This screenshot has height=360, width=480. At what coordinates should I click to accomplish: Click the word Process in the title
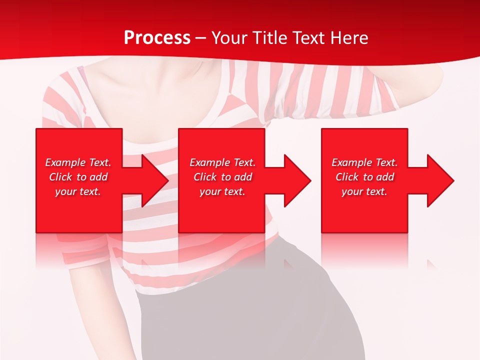(x=157, y=38)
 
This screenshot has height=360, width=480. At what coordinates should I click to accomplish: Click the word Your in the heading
(x=229, y=38)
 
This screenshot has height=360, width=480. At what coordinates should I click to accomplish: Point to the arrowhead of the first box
(x=155, y=180)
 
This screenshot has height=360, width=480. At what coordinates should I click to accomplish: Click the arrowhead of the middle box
(x=297, y=180)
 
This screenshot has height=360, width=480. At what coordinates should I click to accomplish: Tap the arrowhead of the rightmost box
(x=440, y=180)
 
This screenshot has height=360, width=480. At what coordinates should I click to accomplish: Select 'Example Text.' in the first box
(x=78, y=162)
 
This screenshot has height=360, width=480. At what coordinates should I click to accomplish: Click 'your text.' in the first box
(x=78, y=191)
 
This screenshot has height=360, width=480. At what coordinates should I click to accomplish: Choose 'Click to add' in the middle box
(x=222, y=177)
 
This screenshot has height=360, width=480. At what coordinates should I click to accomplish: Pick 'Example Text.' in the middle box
(x=222, y=162)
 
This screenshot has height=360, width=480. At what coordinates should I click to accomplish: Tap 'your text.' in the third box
(x=364, y=191)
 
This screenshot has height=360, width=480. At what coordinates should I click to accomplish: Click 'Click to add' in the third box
(x=364, y=177)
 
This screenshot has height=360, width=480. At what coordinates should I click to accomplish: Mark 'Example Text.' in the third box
(x=364, y=162)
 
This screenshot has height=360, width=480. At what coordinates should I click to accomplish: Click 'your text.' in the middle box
(x=222, y=191)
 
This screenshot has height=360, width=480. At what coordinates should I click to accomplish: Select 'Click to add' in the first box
(x=78, y=177)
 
